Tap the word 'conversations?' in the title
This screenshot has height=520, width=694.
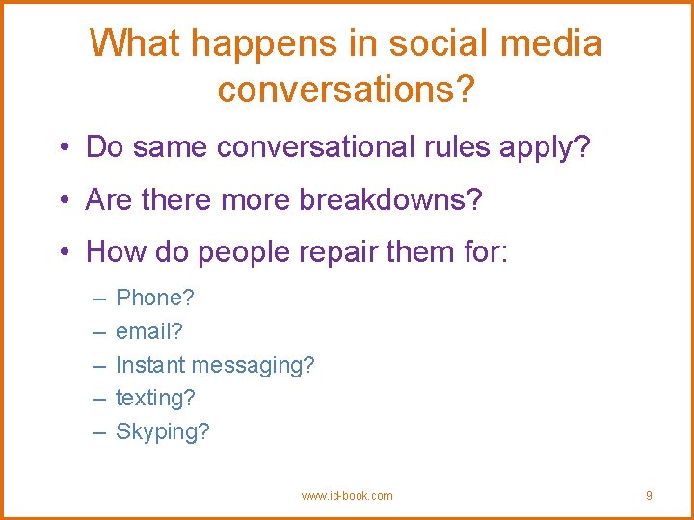tap(346, 89)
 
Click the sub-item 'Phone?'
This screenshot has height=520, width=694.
tap(154, 299)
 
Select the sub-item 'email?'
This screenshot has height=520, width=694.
tap(149, 332)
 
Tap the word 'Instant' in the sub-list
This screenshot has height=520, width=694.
tap(150, 365)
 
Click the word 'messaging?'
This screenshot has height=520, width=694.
tap(253, 366)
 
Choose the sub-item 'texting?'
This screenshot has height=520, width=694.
tap(155, 399)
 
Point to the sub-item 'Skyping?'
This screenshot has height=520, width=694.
tap(162, 432)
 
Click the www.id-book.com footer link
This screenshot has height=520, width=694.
tap(347, 496)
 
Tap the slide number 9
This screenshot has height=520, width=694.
tap(649, 496)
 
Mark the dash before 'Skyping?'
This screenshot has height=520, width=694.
tap(98, 431)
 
